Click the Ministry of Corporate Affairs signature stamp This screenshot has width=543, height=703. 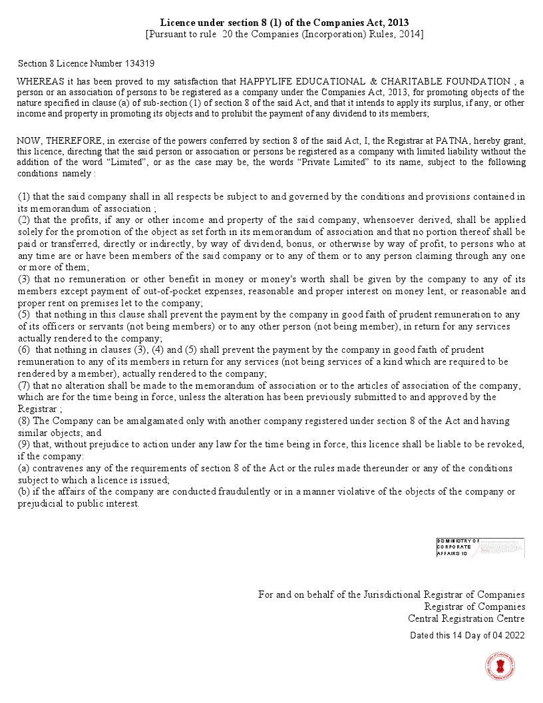point(480,547)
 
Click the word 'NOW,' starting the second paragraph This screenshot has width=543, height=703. point(30,140)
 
